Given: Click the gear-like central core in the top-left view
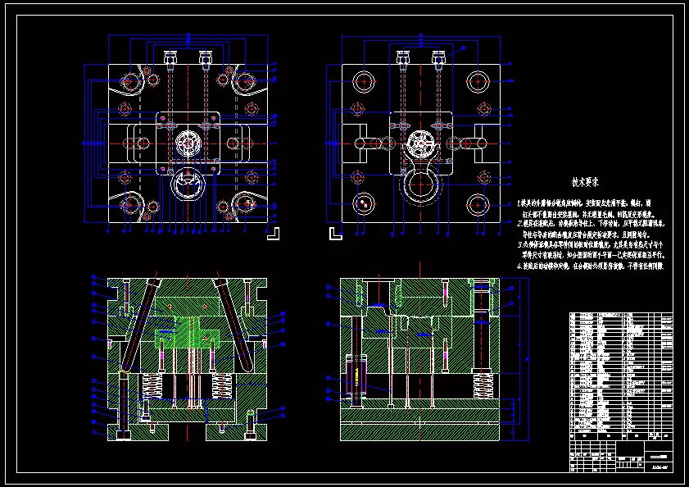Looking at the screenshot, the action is point(189,143).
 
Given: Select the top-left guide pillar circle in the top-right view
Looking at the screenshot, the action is point(363,81).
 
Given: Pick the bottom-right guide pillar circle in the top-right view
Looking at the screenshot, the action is point(478,203).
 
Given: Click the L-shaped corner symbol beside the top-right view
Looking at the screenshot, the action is point(334,234).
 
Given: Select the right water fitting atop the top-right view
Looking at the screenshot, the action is point(437,58).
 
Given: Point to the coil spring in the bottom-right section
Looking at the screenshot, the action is point(483,385).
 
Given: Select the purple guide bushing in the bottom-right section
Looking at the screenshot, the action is point(356,378).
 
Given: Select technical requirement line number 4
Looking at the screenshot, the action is point(590,266).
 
